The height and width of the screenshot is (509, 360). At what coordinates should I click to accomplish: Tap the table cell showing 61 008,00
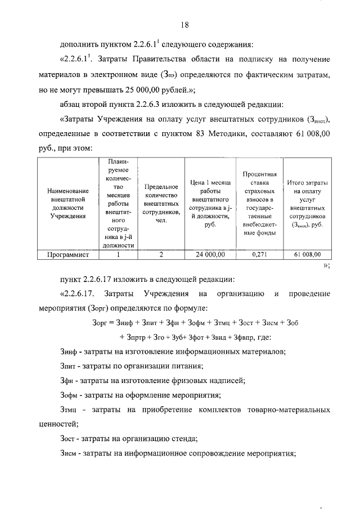click(x=307, y=255)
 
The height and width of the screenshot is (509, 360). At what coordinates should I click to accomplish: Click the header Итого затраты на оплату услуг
click(x=307, y=204)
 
